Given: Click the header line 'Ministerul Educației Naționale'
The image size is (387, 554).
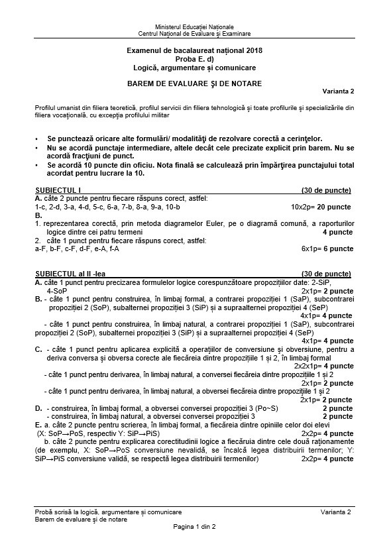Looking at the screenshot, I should point(194,25).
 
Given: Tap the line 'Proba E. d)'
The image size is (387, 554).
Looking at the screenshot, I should point(194,59).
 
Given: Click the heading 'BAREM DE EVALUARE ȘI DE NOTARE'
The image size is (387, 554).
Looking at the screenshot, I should point(194,83).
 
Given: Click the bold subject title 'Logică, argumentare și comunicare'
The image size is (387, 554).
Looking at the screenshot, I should point(194,68).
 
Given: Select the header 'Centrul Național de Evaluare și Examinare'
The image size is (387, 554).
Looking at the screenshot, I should point(194,32).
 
